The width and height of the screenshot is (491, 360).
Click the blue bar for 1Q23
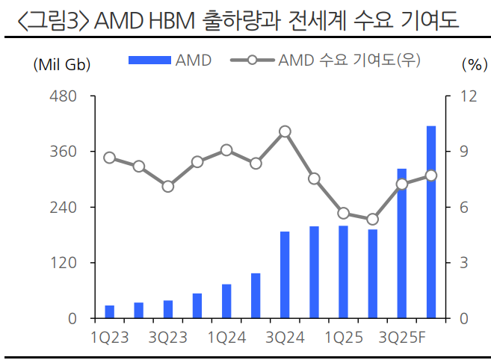click(x=109, y=311)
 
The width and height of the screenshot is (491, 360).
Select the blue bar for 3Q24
click(x=285, y=275)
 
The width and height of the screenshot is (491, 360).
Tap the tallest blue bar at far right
click(x=431, y=222)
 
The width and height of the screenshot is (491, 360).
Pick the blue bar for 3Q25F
click(x=402, y=243)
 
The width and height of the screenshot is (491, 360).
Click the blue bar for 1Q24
click(x=226, y=301)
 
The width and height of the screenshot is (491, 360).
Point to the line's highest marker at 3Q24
click(x=285, y=131)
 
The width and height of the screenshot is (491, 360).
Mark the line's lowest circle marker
click(x=373, y=219)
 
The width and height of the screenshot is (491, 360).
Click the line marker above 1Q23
click(x=109, y=158)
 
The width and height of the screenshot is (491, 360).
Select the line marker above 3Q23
click(x=168, y=186)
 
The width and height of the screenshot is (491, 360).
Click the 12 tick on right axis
click(x=469, y=96)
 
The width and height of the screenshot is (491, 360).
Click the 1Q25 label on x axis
click(x=344, y=338)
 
